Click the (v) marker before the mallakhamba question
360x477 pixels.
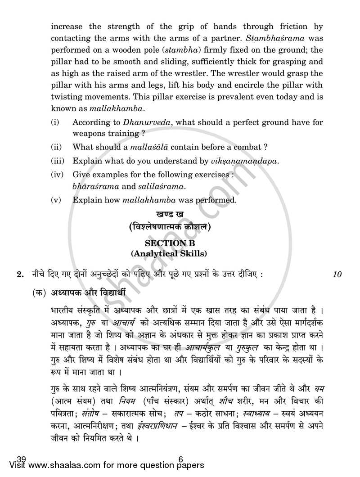[55, 200]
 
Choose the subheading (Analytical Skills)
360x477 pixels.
[169, 254]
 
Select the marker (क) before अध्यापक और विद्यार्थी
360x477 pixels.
[39, 292]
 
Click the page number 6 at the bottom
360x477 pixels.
[180, 459]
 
